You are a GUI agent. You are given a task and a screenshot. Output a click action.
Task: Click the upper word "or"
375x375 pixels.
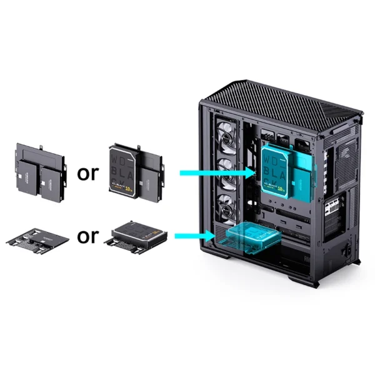(x=87, y=173)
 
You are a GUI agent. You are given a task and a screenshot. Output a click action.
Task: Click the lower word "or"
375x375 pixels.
(x=87, y=236)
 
